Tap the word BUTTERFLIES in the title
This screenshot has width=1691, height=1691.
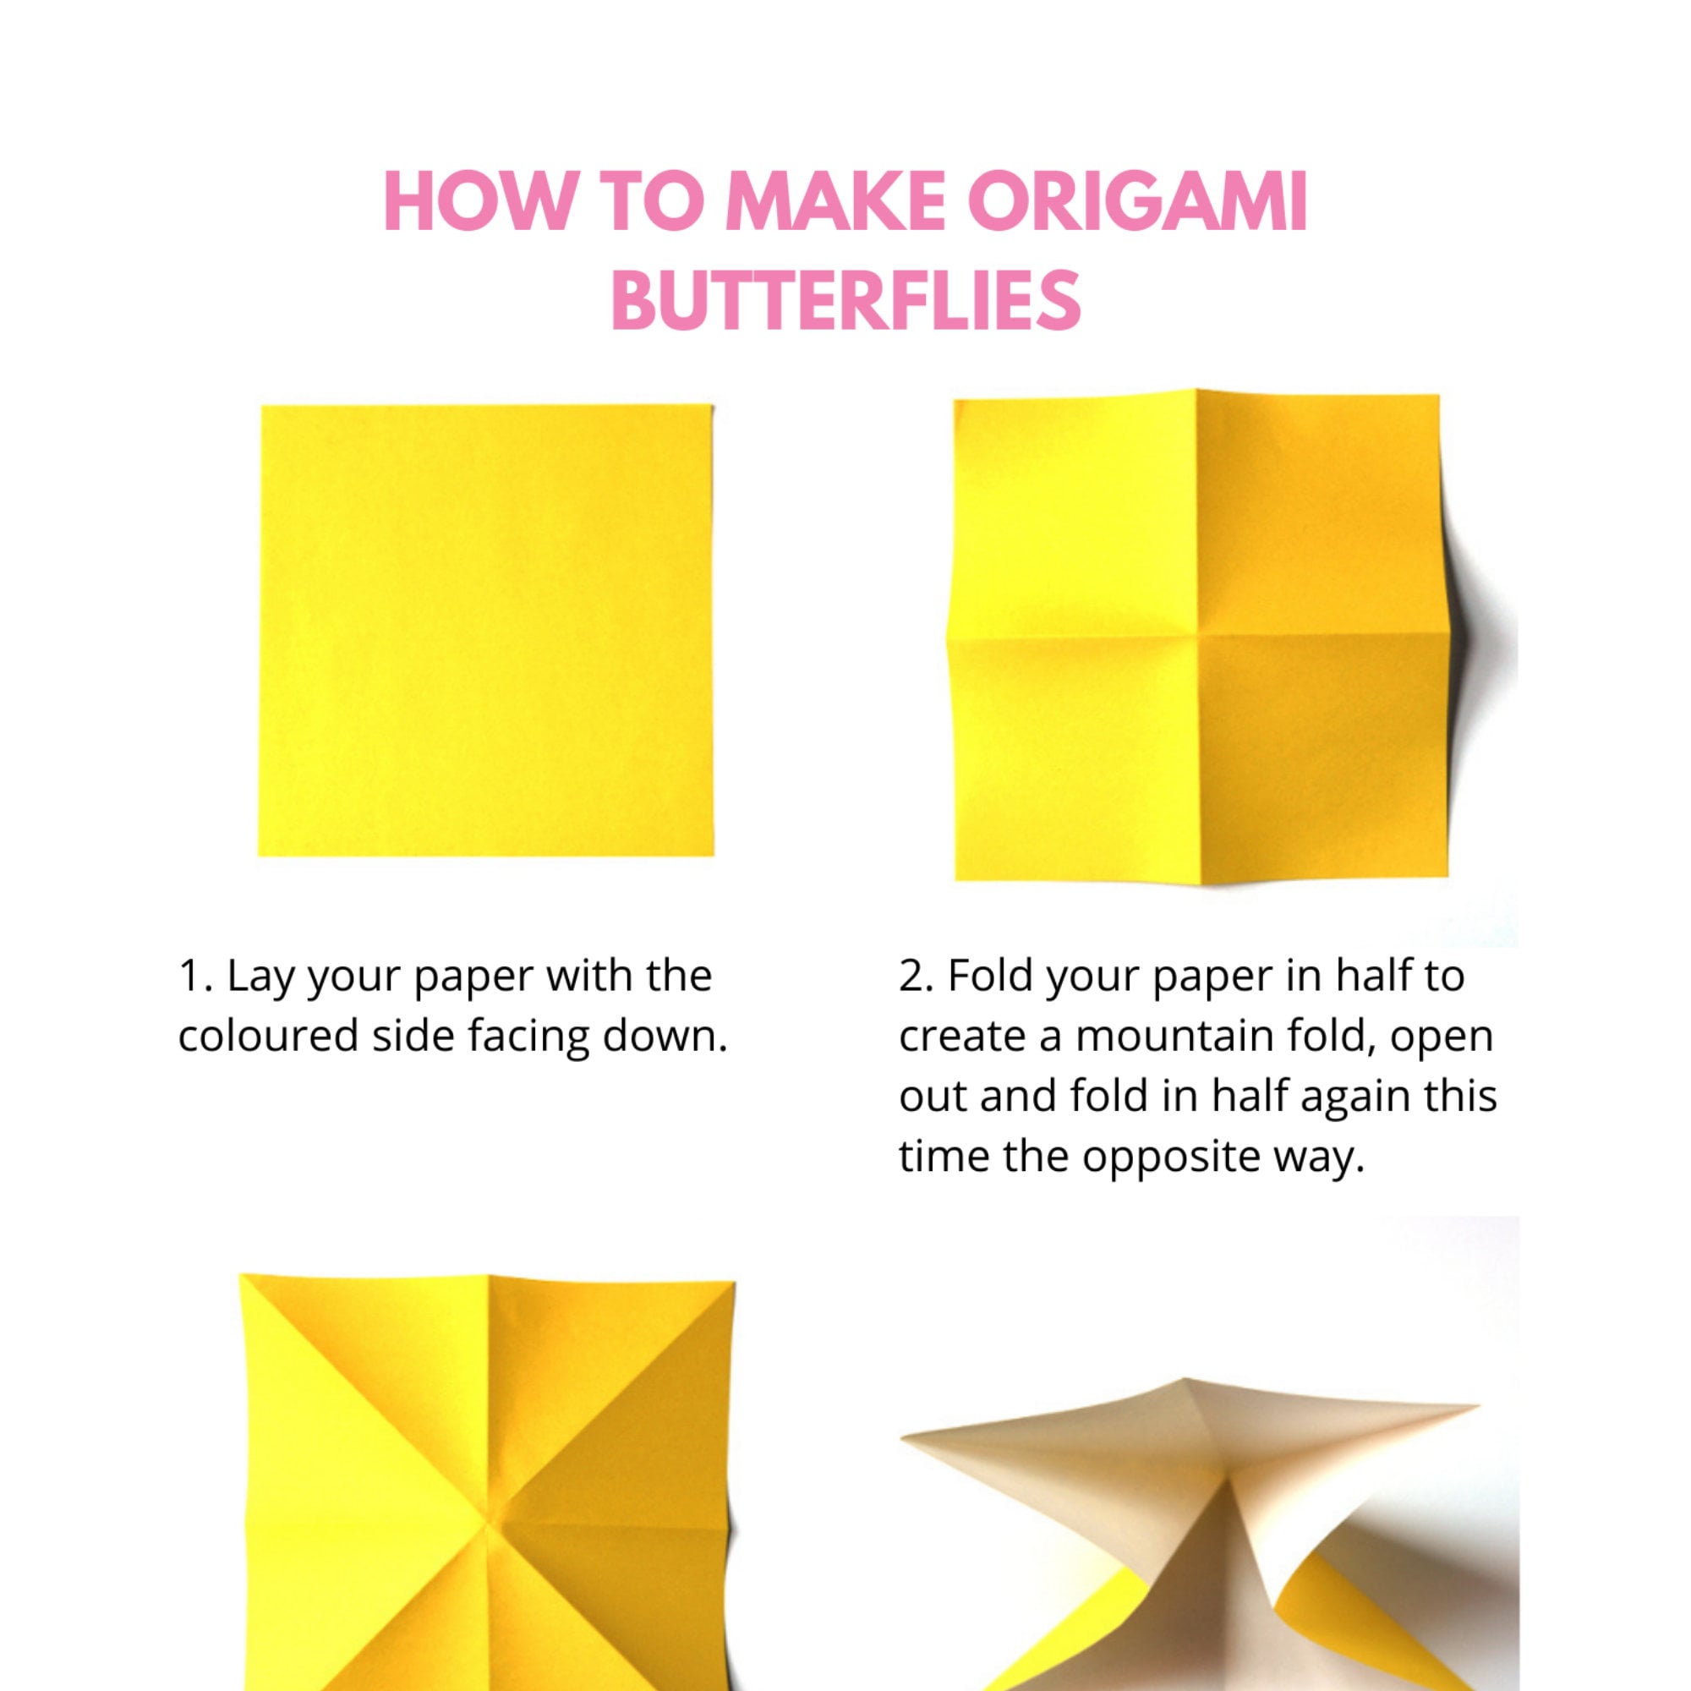[x=845, y=300]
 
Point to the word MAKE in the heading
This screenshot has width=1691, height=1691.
[x=835, y=202]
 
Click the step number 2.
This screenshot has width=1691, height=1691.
[x=916, y=977]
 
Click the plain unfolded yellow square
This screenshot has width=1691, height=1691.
[x=487, y=630]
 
